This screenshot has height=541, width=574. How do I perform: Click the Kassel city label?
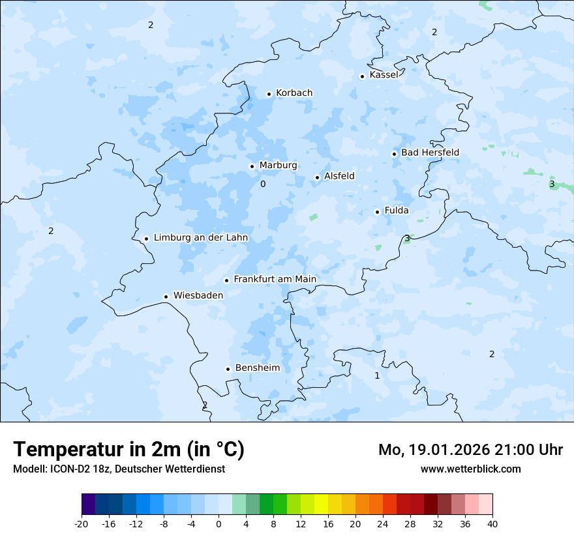point(384,75)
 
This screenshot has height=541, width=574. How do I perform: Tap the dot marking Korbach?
point(269,94)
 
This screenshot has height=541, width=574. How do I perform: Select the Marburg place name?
point(278,166)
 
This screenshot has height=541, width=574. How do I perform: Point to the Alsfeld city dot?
point(317,177)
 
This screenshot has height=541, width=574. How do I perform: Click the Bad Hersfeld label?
point(430,153)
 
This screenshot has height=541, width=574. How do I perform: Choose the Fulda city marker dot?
point(377,212)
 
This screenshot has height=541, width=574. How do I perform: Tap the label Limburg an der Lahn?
point(200,238)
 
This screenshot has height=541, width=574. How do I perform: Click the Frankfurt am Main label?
point(275,279)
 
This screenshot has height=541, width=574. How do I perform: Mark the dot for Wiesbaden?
point(166,297)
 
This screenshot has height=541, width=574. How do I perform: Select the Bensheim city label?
point(257,368)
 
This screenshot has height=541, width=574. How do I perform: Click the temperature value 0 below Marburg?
point(263,184)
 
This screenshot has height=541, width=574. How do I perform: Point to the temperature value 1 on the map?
point(377,376)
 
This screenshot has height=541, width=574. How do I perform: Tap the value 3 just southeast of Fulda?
point(407,239)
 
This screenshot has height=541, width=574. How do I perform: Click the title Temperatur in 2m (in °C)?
point(128,450)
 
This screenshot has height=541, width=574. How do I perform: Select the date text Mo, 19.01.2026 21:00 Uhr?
point(470,450)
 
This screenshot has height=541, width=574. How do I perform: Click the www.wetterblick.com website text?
point(470,469)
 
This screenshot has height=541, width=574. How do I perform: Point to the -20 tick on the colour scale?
point(82,524)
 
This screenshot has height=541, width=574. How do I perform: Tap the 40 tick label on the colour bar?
point(492,524)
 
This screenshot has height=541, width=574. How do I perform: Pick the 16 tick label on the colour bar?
point(328,524)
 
